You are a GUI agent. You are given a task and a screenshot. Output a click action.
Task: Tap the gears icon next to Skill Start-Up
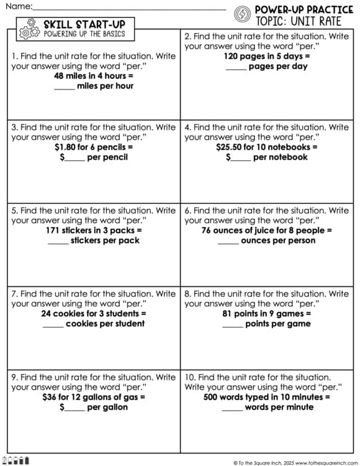(x=29, y=29)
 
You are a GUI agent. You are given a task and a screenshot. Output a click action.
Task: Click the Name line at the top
(x=130, y=8)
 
